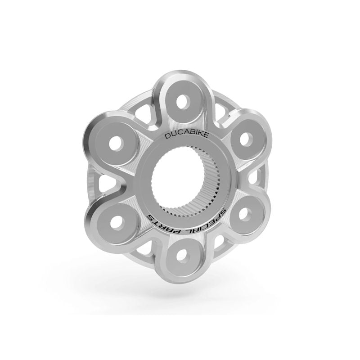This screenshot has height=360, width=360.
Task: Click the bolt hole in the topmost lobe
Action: pos(182,101)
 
